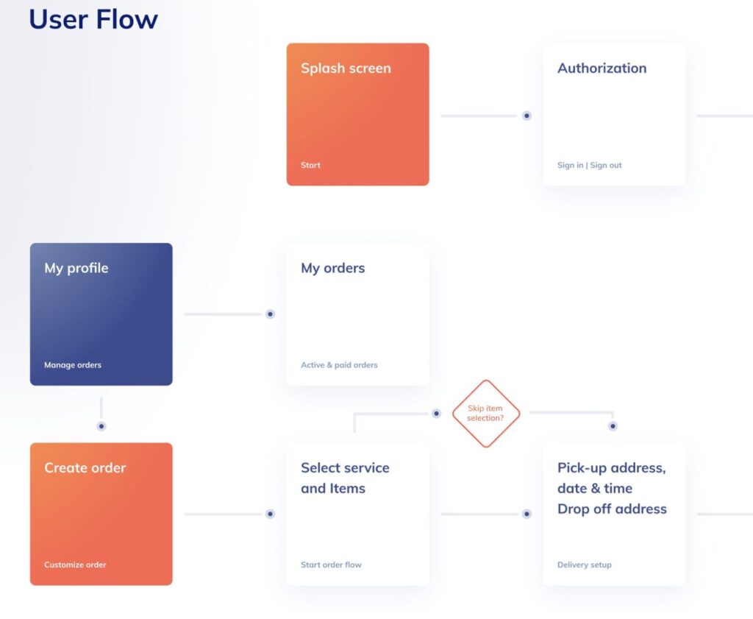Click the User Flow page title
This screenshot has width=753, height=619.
[x=93, y=19]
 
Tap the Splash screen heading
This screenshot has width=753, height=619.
[x=346, y=68]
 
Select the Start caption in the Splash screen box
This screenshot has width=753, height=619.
[x=310, y=165]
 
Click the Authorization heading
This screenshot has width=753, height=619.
[x=602, y=68]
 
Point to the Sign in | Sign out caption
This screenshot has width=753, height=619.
[x=589, y=165]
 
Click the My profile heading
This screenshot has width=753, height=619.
[x=76, y=268]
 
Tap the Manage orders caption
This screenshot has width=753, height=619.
[x=73, y=365]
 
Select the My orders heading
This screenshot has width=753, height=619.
[x=333, y=268]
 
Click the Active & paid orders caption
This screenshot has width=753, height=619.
[x=339, y=365]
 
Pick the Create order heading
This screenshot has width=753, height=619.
[x=85, y=467]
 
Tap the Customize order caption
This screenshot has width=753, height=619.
[x=75, y=565]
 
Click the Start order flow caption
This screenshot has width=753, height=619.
[x=331, y=565]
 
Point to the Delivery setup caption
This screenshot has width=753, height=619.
[x=584, y=565]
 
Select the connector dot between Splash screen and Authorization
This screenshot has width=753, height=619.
[x=527, y=116]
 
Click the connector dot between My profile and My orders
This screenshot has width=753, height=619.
[x=271, y=314]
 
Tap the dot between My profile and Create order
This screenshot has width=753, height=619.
[x=101, y=426]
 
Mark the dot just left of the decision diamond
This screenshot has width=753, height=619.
[x=436, y=414]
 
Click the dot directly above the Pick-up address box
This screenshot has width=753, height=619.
[x=613, y=426]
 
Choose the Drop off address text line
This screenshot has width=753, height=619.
[x=612, y=509]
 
